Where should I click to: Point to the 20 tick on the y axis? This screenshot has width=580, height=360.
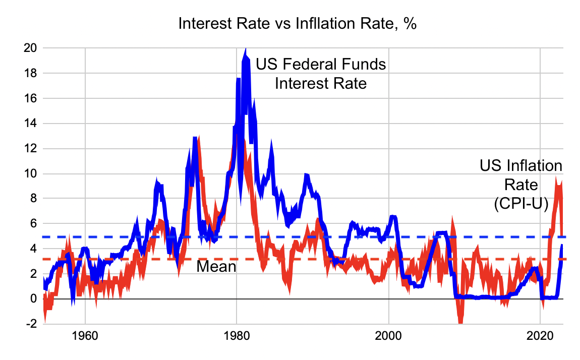30,48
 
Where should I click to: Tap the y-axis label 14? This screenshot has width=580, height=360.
30,124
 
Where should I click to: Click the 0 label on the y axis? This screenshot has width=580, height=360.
33,299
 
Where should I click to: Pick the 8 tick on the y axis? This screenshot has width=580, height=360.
33,199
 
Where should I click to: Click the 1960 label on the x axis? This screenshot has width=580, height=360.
85,336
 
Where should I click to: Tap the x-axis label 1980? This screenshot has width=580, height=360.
237,336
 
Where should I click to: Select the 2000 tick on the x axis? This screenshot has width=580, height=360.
389,336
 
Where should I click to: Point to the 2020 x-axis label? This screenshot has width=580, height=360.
541,336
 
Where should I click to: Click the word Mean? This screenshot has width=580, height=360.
216,266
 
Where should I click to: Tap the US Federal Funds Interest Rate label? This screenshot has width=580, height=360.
321,74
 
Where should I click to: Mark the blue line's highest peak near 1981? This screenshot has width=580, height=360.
246,49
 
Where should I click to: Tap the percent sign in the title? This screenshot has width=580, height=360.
410,24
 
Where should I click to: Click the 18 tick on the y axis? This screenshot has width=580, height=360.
30,74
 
